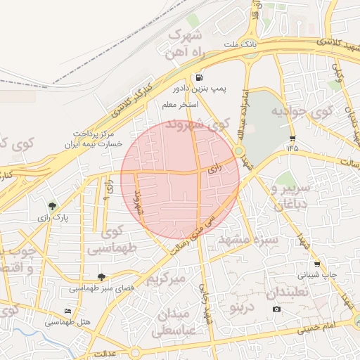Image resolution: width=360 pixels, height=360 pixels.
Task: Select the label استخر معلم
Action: tap(179, 105)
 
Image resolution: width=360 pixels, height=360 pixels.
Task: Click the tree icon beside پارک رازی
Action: tap(52, 206)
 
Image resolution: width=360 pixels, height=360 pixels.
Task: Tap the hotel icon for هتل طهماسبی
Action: tap(67, 311)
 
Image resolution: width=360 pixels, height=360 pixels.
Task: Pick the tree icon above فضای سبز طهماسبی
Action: tap(102, 277)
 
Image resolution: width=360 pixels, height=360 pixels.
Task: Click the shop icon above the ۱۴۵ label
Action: tap(292, 138)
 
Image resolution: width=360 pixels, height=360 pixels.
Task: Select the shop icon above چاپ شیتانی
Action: tap(317, 264)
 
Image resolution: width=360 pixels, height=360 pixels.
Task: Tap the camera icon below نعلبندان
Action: tap(276, 309)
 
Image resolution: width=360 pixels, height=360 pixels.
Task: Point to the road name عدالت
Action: tap(104, 353)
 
